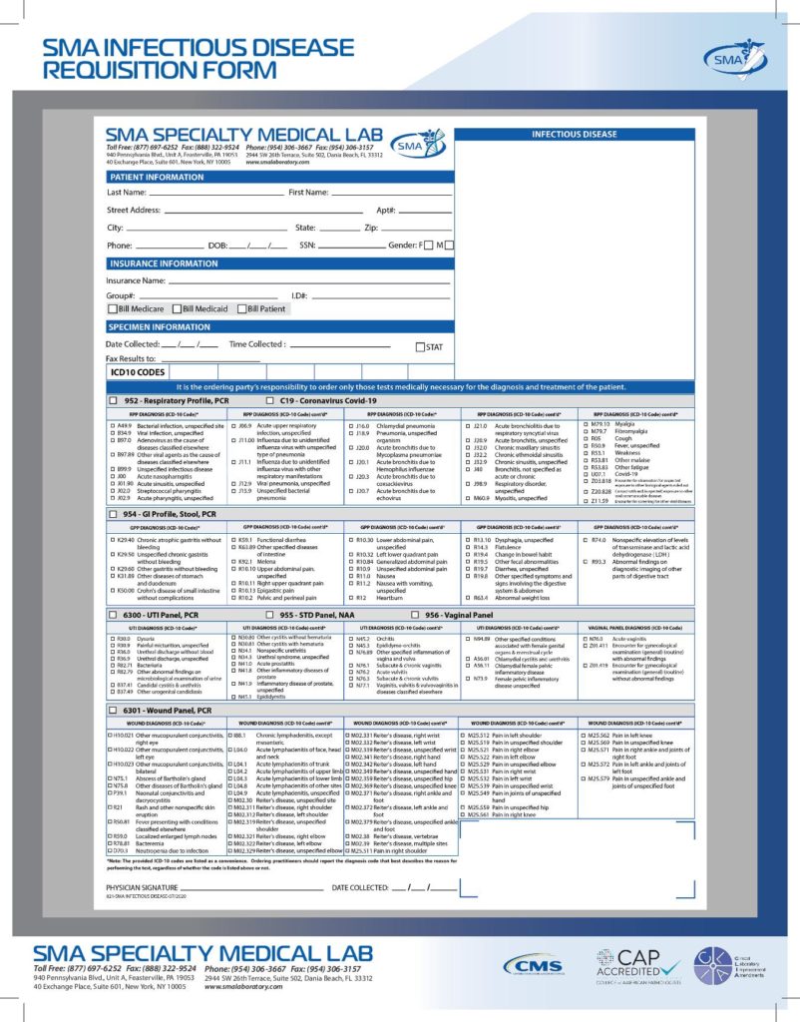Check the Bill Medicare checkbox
click(x=113, y=309)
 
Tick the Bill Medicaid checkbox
click(x=177, y=309)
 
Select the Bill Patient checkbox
click(x=241, y=309)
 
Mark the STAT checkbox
click(x=420, y=347)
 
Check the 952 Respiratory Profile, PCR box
click(x=113, y=399)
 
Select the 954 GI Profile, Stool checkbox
click(x=113, y=514)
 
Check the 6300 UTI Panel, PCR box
click(x=113, y=615)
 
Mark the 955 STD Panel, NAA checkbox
click(x=271, y=615)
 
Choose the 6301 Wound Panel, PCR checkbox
click(x=113, y=709)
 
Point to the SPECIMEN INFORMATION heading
click(x=160, y=326)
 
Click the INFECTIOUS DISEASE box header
click(x=574, y=133)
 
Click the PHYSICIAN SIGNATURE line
click(x=249, y=885)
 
